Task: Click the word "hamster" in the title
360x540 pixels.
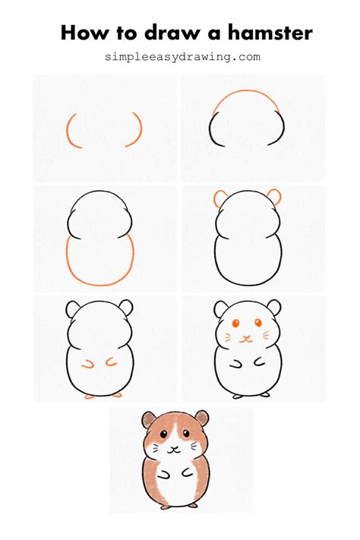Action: point(264,33)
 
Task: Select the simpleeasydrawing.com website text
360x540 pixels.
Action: point(183,56)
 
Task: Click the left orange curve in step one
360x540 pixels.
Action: point(69,130)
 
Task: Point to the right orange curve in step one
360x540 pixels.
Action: point(139,129)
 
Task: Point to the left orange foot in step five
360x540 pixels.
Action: point(89,396)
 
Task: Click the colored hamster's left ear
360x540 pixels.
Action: point(147,418)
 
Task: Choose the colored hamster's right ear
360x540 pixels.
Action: point(202,418)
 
